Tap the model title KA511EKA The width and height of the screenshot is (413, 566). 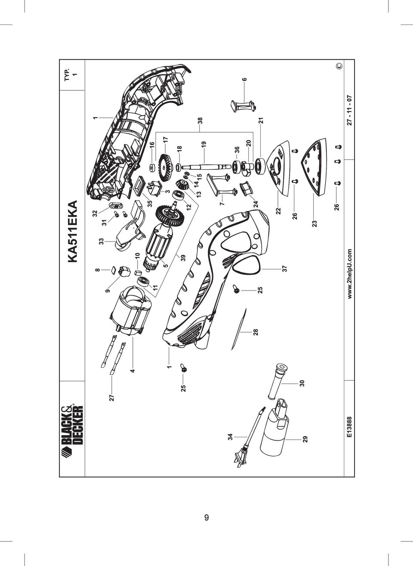[x=72, y=232]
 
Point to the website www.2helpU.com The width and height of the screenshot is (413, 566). [x=350, y=274]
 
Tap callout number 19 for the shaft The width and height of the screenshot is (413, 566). [x=204, y=144]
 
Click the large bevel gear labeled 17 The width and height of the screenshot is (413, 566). [x=165, y=166]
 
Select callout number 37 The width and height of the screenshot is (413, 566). [x=285, y=268]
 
